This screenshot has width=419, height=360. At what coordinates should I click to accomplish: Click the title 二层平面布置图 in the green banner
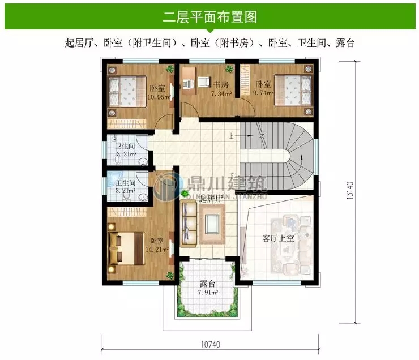[209, 17]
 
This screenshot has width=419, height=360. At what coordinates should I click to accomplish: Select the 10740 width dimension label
[210, 344]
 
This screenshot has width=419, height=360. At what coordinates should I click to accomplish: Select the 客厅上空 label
[278, 238]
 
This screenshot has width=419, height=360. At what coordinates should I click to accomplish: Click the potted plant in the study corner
[229, 70]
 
